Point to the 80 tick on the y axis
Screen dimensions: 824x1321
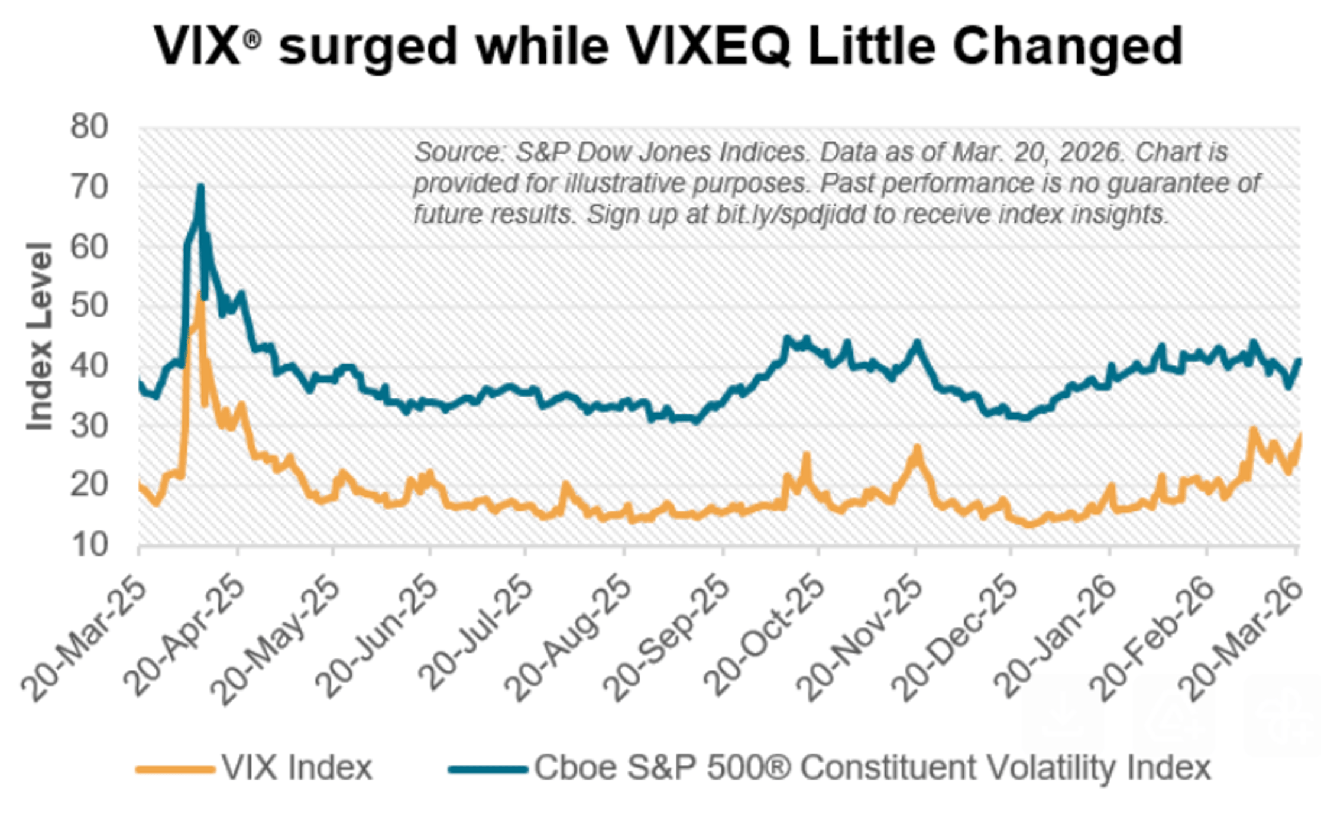click(x=89, y=126)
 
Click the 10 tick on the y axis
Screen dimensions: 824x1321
click(x=89, y=545)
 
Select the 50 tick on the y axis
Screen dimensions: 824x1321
click(x=89, y=306)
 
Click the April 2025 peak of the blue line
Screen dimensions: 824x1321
click(x=200, y=188)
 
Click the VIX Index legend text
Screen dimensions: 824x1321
click(x=297, y=768)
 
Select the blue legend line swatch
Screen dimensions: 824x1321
click(x=488, y=769)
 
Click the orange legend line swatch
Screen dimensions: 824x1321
click(x=175, y=769)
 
